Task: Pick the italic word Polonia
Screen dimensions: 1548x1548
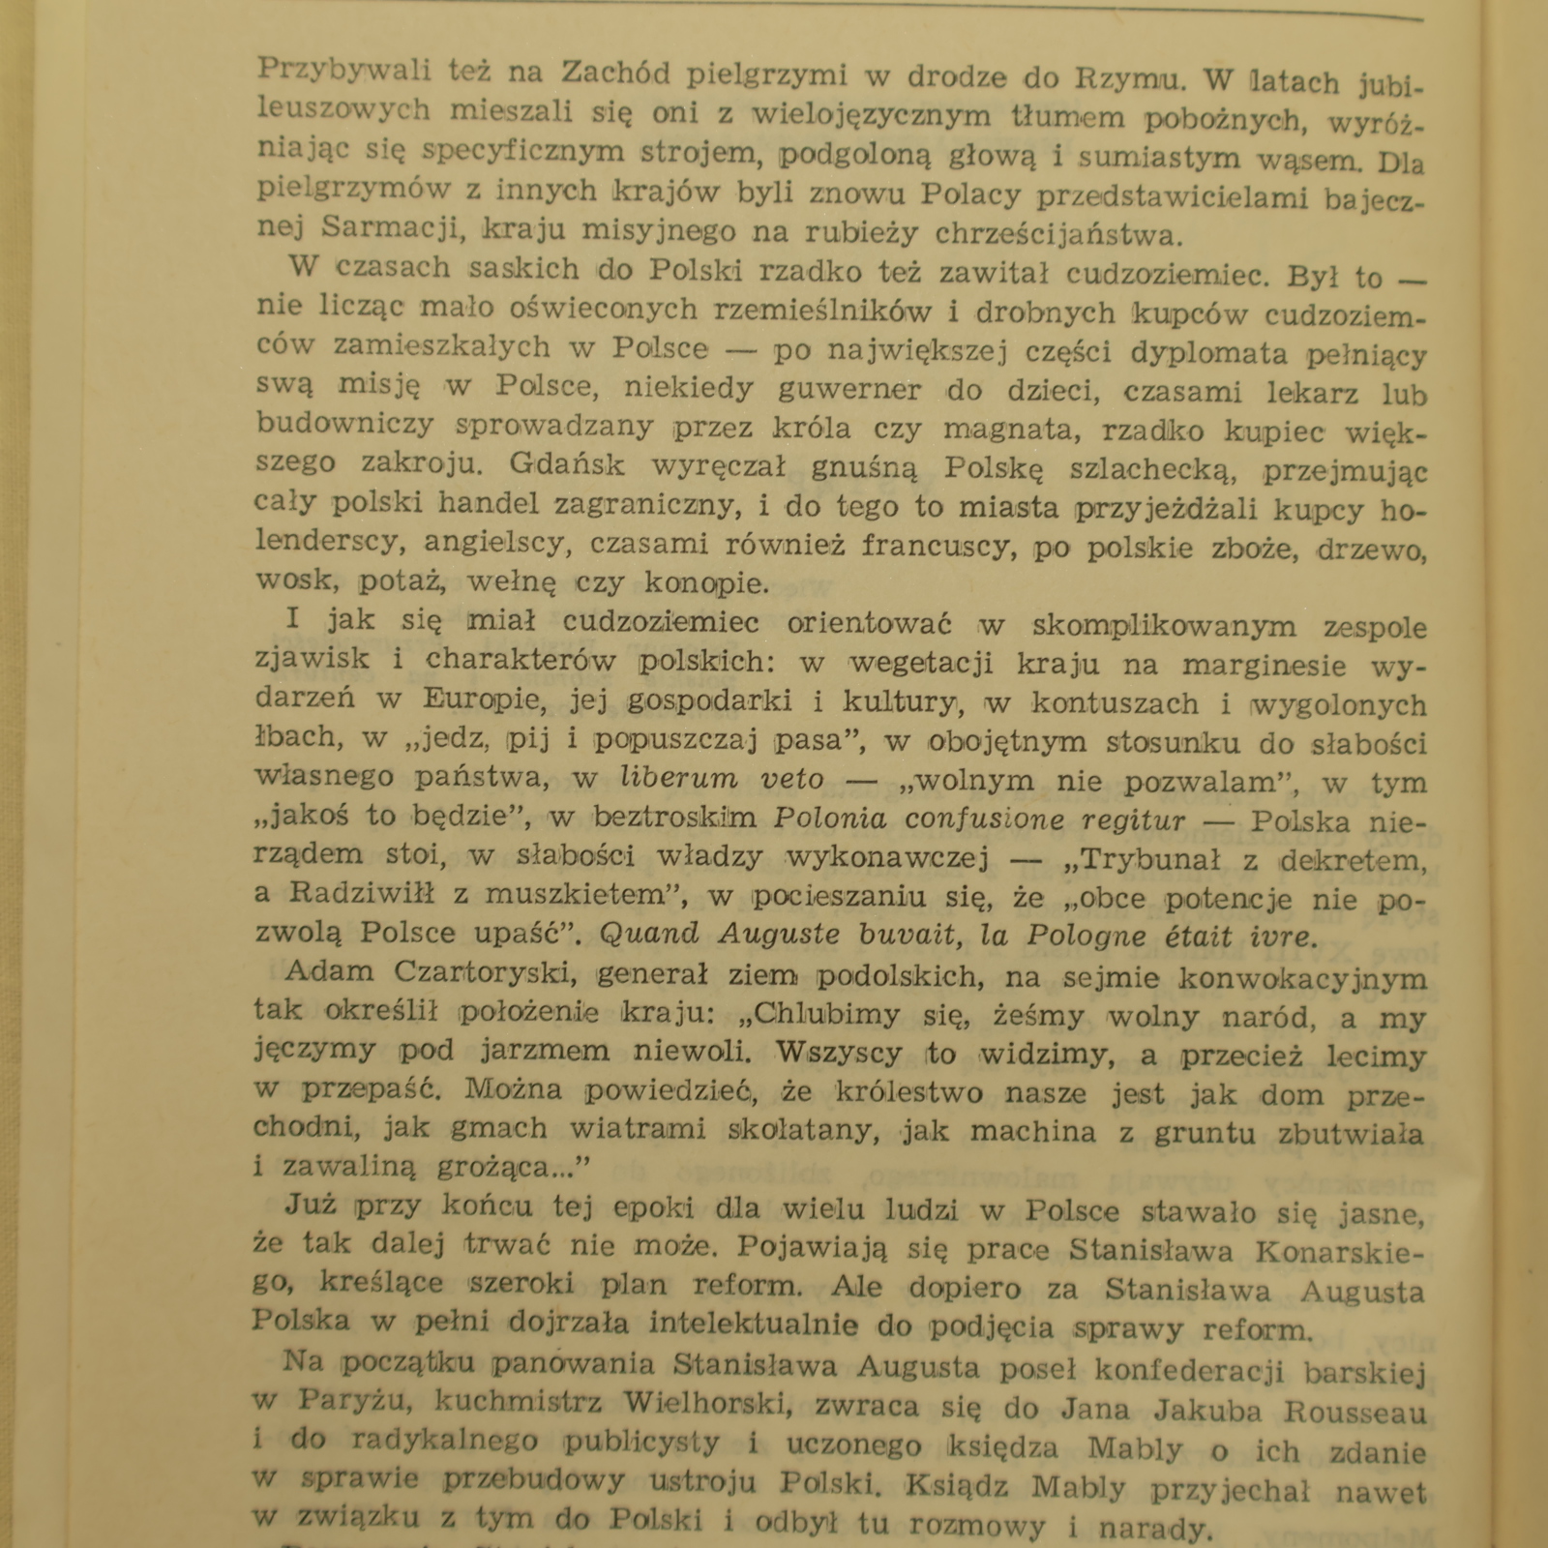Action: [830, 819]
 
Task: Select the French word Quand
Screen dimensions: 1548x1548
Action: [649, 935]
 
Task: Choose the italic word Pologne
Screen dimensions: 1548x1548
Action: [1088, 937]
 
